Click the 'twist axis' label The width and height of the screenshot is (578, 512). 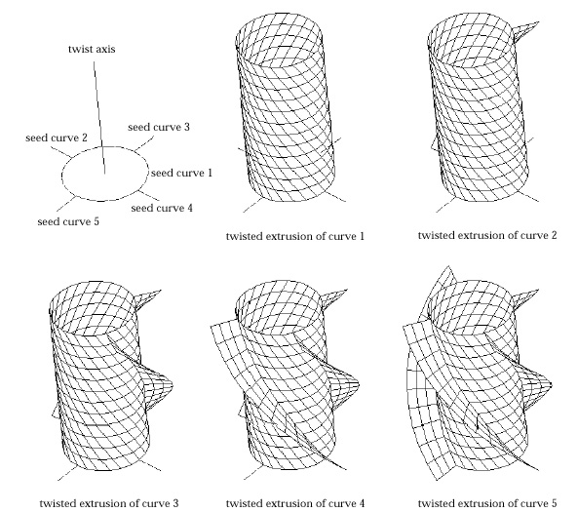tap(92, 49)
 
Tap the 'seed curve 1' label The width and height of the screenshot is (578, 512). tap(181, 173)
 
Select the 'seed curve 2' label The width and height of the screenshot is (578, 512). tap(57, 138)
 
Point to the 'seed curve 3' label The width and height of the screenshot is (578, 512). tap(159, 127)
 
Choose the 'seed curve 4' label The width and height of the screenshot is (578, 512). tap(162, 208)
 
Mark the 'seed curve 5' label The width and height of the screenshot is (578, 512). tap(68, 221)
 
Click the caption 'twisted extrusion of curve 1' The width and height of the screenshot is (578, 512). tap(295, 236)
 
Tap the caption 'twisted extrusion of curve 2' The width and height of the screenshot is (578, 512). tap(487, 235)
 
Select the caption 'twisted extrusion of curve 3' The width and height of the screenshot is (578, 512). tap(109, 503)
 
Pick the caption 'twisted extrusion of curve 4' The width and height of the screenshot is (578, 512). tap(295, 503)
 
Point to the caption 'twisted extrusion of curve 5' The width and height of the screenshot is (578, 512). tap(487, 503)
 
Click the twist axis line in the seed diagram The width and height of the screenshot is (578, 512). tap(99, 117)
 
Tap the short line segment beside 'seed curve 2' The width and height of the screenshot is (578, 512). tap(60, 152)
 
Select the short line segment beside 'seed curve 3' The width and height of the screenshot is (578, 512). tap(143, 143)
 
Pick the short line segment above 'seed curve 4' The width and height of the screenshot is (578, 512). tap(149, 196)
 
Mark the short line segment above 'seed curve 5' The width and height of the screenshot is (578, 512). tap(66, 205)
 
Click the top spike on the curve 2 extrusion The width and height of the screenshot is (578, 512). tap(526, 29)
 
